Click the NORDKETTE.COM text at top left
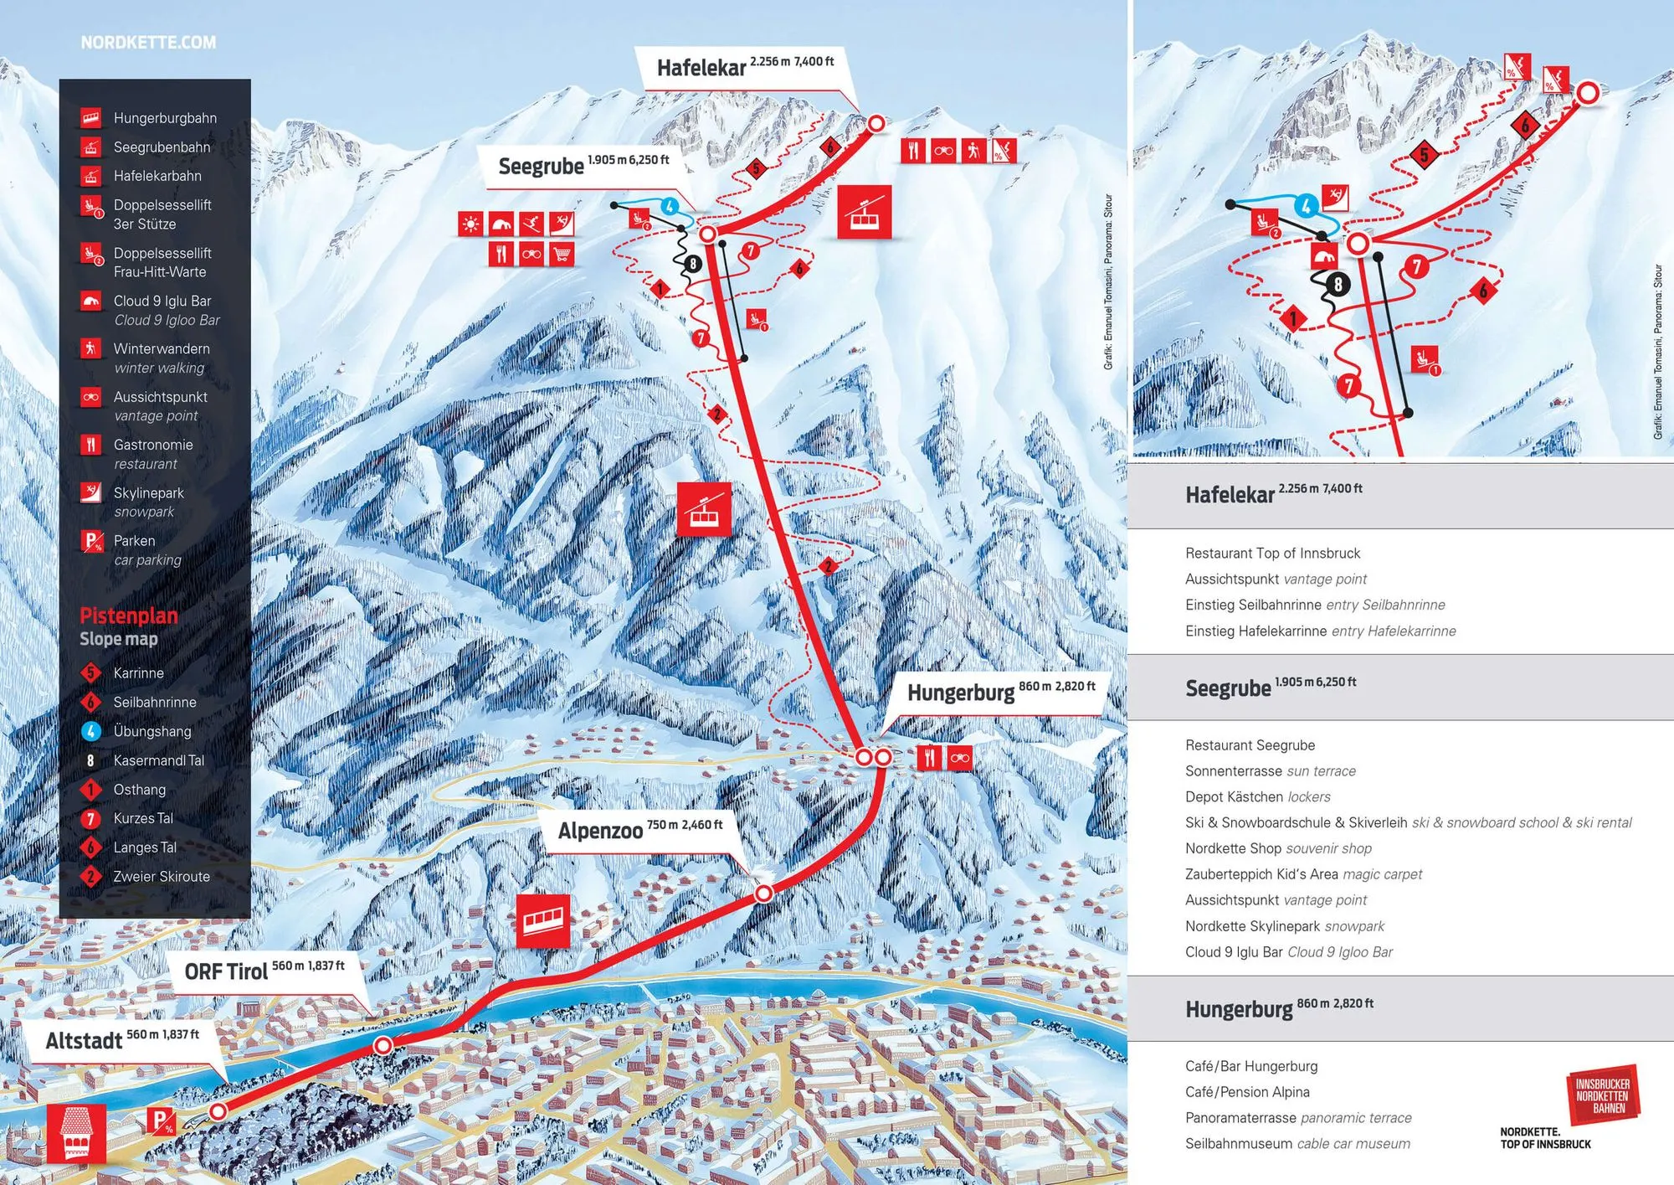[148, 42]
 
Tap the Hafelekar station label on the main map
[701, 68]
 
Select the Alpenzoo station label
[600, 831]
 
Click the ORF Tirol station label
[226, 971]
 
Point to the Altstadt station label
[84, 1041]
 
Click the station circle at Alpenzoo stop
[763, 894]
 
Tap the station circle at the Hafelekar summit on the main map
[876, 124]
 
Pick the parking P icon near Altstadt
[162, 1121]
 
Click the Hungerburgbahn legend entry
[164, 118]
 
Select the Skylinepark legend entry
[148, 493]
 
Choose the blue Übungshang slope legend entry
[151, 731]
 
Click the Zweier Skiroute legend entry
[161, 876]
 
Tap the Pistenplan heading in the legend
[128, 616]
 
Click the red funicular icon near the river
[542, 920]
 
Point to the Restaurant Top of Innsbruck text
[1272, 553]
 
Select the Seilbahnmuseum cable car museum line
[1297, 1143]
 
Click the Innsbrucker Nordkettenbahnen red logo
[1602, 1095]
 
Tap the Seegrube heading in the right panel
[1228, 688]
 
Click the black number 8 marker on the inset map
[1338, 285]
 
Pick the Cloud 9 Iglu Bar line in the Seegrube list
[1289, 951]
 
